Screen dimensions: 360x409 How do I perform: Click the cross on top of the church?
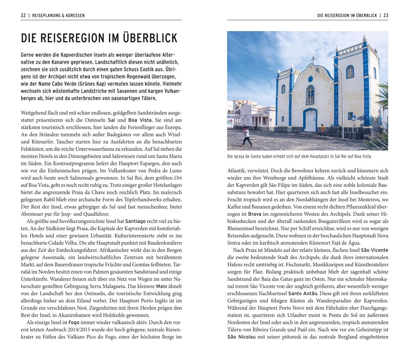coord(313,59)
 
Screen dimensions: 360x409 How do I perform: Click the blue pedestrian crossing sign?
coord(354,118)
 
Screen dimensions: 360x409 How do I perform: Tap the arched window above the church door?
coord(310,95)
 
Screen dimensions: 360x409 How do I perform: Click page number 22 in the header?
coord(23,15)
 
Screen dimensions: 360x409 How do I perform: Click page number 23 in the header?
coord(386,15)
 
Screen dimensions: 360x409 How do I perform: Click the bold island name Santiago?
coord(135,221)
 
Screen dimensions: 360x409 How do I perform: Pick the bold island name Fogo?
coord(74,322)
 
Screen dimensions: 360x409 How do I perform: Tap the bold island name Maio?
coord(161,286)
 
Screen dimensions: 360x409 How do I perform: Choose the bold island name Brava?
coord(254,214)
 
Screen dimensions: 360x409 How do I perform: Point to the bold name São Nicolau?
coord(241,337)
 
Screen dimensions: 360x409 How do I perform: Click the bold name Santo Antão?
coord(303,293)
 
